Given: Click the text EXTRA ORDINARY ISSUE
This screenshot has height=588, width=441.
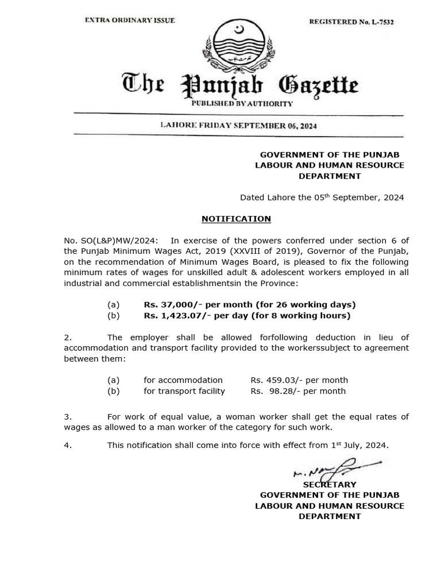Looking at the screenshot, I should point(130,20).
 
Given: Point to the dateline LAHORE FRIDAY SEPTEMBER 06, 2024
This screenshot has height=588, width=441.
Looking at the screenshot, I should point(238,125).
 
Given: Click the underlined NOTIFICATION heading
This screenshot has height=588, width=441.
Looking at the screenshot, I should point(236,219).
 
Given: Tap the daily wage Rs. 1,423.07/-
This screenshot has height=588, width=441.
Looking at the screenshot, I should point(175,315).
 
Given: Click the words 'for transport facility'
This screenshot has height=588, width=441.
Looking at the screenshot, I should point(184,391).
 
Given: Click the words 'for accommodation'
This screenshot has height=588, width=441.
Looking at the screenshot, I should point(183,380).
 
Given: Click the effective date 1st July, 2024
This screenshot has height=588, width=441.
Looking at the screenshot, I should point(359,445).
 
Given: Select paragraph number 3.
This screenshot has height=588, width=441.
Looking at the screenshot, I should point(67,417).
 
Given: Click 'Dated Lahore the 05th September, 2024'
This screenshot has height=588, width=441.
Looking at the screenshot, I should point(322,198).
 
